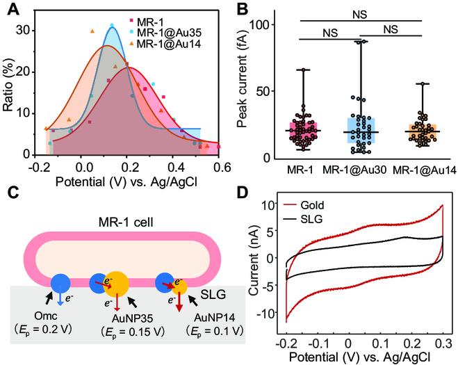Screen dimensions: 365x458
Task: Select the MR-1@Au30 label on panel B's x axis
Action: [361, 169]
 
